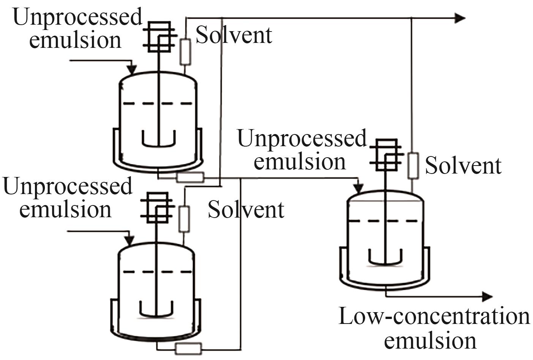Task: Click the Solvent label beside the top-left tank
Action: pos(234,35)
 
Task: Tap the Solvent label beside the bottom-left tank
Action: pos(246,210)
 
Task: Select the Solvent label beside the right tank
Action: pos(463,166)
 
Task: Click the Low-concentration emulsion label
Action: pos(434,328)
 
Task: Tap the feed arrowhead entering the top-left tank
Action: pos(131,69)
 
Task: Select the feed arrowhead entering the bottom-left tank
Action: pos(130,240)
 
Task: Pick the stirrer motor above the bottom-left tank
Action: pos(157,207)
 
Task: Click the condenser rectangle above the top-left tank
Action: pos(185,52)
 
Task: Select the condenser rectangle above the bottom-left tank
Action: pos(184,219)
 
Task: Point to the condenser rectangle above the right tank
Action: pos(413,166)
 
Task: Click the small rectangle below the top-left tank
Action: pos(190,177)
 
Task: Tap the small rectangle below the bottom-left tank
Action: pos(188,347)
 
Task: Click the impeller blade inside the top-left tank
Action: pos(158,140)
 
